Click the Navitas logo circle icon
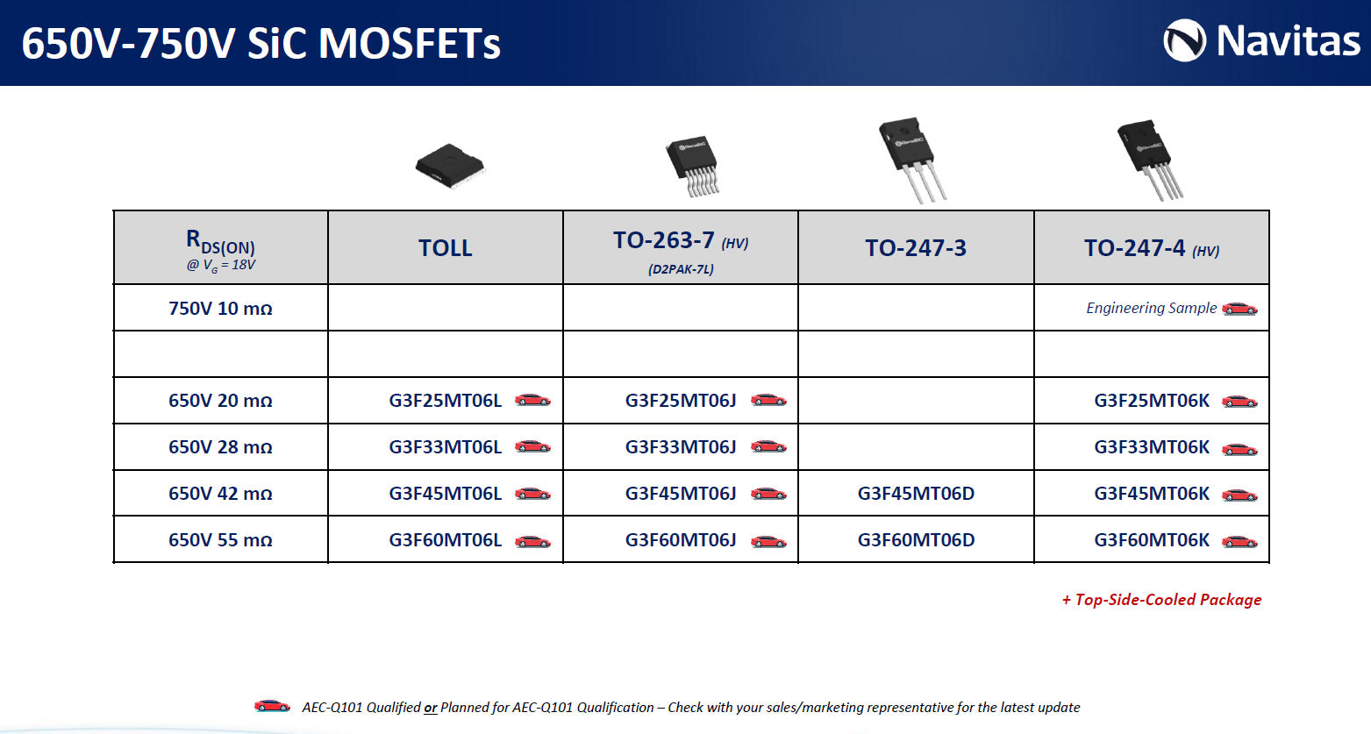click(x=1184, y=40)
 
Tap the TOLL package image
click(x=450, y=165)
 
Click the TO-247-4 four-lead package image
click(x=1149, y=160)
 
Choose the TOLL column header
click(x=445, y=247)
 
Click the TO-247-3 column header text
click(x=916, y=247)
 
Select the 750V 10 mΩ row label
click(x=220, y=309)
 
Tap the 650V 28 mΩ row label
click(x=220, y=447)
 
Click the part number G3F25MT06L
click(x=445, y=401)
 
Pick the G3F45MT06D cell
click(x=916, y=494)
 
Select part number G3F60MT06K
click(x=1152, y=540)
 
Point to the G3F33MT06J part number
click(x=680, y=447)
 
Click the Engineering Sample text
click(x=1152, y=308)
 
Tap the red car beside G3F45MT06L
click(x=532, y=493)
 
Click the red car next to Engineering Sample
click(x=1239, y=309)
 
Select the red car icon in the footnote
click(x=273, y=705)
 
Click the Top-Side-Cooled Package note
click(x=1161, y=600)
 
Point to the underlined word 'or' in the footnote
click(x=431, y=708)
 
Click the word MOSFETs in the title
click(x=410, y=44)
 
